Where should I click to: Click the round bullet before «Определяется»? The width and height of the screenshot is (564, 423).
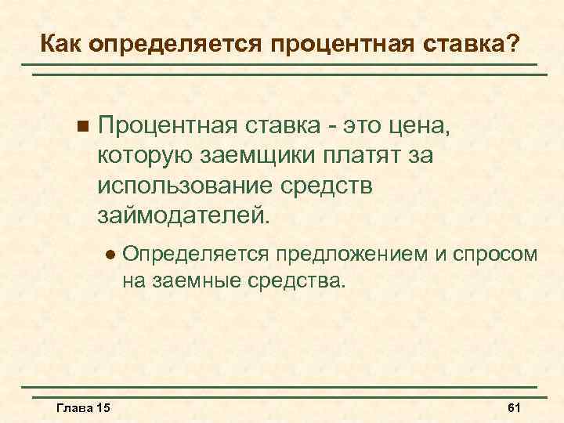pyautogui.click(x=110, y=254)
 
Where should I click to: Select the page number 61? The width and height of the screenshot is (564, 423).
pyautogui.click(x=515, y=409)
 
